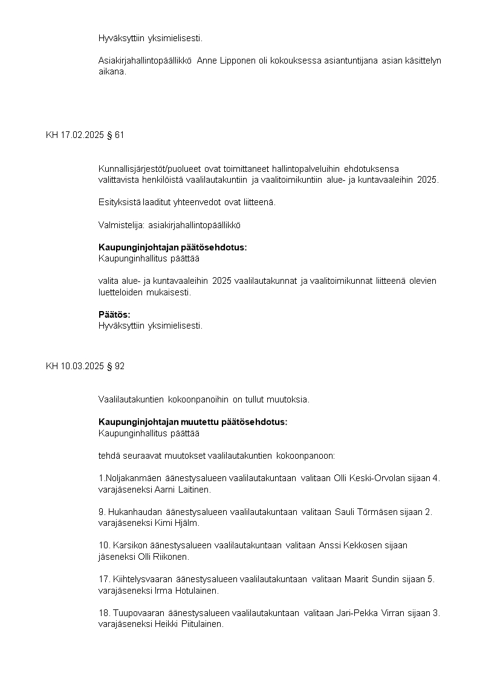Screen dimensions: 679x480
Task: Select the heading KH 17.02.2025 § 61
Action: [85, 135]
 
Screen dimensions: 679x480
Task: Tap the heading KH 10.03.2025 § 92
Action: [85, 366]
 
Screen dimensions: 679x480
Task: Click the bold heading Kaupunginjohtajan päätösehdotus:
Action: [172, 248]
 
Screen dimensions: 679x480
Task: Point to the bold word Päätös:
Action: [114, 315]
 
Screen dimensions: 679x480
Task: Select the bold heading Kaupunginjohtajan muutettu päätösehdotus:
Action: [193, 422]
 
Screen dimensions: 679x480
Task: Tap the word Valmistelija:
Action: [122, 225]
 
